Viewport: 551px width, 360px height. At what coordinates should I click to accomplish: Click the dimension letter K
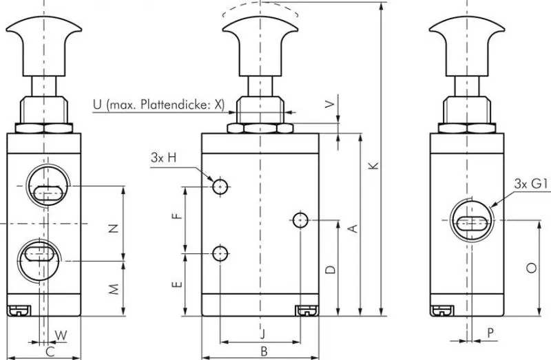[x=373, y=165]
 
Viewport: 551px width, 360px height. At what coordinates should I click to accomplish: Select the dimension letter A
[x=352, y=228]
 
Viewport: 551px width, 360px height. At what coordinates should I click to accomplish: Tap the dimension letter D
[x=331, y=269]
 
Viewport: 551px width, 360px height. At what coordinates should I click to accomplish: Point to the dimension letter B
[x=263, y=352]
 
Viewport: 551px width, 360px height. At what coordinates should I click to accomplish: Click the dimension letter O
[x=530, y=269]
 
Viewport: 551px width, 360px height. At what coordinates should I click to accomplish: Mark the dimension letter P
[x=490, y=333]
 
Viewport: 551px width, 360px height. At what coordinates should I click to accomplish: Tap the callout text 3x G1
[x=530, y=183]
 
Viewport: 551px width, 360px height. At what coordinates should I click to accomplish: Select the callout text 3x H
[x=164, y=158]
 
